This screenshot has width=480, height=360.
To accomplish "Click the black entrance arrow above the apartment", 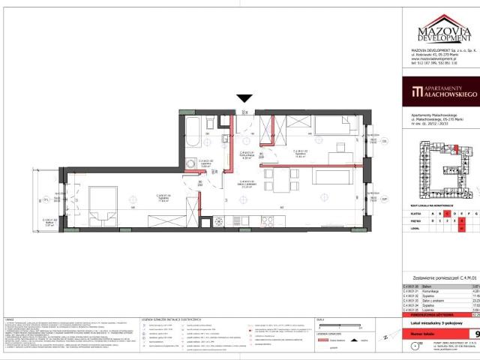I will [244, 98].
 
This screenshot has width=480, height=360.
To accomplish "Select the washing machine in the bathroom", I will [192, 164].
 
